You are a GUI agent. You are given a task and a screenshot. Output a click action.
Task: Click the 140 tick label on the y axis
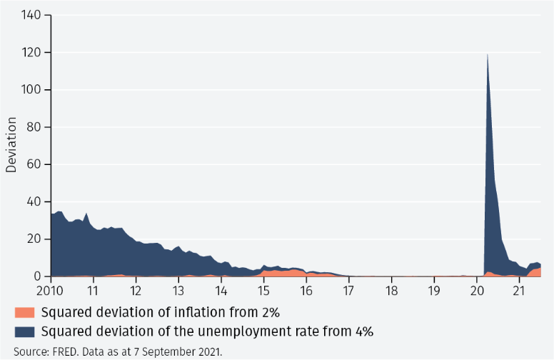pos(33,15)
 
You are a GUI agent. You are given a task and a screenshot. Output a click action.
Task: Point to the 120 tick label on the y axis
pos(33,53)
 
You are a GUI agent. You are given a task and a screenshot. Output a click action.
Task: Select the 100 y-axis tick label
pos(33,90)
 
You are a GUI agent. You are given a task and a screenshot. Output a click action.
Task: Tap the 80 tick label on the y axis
pos(36,127)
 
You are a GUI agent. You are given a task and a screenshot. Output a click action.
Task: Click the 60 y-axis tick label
pos(36,164)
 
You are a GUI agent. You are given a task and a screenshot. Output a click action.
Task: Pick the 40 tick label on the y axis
pos(36,202)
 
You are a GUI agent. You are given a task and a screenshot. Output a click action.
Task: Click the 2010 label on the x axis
pos(51,291)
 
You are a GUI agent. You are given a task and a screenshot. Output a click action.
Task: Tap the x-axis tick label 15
pos(263,291)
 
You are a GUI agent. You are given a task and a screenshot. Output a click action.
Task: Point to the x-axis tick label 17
pos(348,291)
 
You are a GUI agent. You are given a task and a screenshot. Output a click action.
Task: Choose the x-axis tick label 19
pos(434,291)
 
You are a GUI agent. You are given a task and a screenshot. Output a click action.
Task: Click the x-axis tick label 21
pos(519,291)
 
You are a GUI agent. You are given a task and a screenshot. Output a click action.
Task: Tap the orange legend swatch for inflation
pos(24,312)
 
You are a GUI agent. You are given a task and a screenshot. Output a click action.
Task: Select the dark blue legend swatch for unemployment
pos(24,331)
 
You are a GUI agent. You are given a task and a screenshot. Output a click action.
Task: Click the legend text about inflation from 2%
pos(160,312)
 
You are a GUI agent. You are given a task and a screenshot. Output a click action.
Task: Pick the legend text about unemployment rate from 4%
pos(207,331)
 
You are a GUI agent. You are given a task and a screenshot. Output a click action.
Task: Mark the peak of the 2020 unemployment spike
pos(487,54)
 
